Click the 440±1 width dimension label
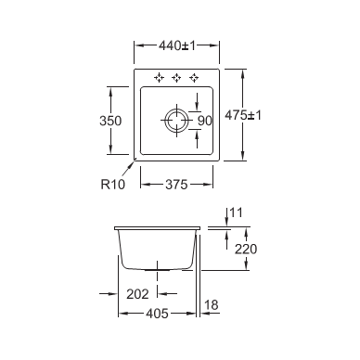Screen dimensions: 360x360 click(177, 45)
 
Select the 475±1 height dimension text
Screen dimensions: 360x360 click(243, 115)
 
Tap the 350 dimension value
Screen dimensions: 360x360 click(110, 121)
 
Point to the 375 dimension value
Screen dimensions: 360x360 click(176, 185)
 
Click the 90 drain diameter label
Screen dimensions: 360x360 click(205, 121)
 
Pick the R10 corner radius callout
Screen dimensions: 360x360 click(113, 184)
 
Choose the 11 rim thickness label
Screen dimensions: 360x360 click(237, 212)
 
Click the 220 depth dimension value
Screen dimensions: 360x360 click(246, 249)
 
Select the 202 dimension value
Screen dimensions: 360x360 click(137, 294)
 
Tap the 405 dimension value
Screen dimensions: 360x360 click(157, 314)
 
